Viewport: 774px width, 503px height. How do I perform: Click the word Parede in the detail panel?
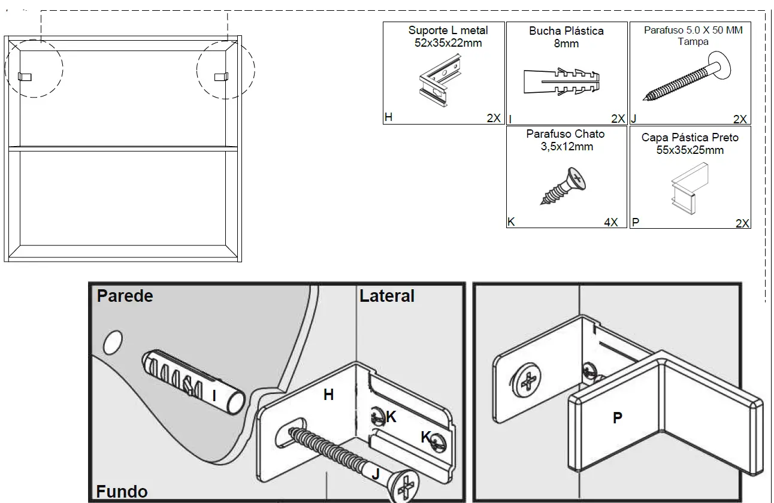coord(125,296)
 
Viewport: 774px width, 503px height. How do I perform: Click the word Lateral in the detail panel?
coord(387,296)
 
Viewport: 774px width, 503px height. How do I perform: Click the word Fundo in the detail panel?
coord(122,492)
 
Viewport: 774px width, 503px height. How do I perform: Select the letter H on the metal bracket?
coord(328,395)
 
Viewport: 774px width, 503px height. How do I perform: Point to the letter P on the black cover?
coord(617,419)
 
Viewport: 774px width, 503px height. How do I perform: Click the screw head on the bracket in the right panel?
coord(528,381)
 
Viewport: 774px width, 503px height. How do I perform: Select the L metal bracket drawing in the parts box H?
coord(439,82)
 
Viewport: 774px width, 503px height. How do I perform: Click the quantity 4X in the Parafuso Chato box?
coord(610,222)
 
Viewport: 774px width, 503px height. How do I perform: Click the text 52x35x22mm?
coord(448,43)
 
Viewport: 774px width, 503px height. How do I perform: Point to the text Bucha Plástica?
coord(566,31)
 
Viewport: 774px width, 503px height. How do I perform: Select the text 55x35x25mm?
coord(690,150)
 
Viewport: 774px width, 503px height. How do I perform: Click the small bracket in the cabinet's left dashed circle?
coord(25,76)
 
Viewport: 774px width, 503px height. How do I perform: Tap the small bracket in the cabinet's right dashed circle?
coord(221,76)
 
